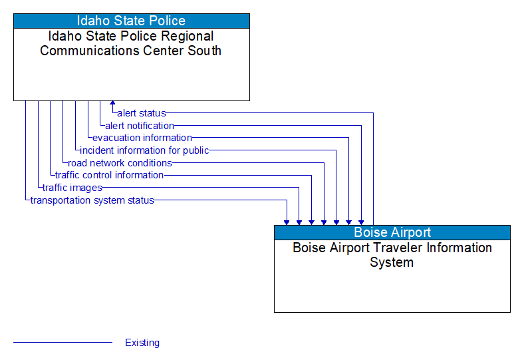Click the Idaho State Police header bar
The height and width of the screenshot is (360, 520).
click(x=131, y=21)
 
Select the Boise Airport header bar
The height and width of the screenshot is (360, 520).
click(x=392, y=232)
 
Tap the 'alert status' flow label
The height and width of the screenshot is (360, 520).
click(x=142, y=113)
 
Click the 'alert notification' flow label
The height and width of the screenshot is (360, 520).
click(x=140, y=126)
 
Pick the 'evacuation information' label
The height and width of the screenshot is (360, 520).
click(x=142, y=138)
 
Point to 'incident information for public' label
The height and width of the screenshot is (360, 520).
click(x=144, y=150)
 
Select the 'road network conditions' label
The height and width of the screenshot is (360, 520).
click(x=120, y=163)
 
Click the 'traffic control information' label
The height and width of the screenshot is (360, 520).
click(x=109, y=175)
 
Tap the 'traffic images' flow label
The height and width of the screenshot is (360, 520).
click(x=72, y=188)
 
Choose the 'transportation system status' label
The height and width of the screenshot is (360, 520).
click(x=92, y=200)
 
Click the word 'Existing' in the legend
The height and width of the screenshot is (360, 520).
click(x=142, y=343)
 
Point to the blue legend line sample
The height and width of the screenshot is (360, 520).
click(x=63, y=343)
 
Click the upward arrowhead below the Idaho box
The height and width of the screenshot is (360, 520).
click(x=112, y=104)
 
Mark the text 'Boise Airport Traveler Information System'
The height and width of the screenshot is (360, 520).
click(x=392, y=255)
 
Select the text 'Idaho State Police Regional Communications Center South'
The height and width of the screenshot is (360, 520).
click(x=131, y=43)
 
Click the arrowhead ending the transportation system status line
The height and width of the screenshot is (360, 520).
click(x=287, y=222)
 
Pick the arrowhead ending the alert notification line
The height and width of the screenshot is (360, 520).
click(x=361, y=222)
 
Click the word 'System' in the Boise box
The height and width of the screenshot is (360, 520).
click(x=392, y=262)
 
